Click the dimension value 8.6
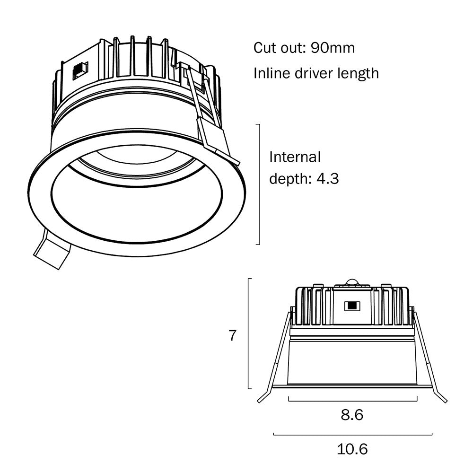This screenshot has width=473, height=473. tap(352, 415)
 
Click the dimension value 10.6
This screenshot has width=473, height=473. tap(352, 449)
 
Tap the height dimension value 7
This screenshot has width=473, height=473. tap(232, 336)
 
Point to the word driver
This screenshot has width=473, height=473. tap(315, 73)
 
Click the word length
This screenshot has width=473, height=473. tap(361, 74)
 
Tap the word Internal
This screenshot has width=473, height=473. tap(295, 157)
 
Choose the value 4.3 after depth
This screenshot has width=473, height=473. tap(327, 179)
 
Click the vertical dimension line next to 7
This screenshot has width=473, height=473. tap(249, 333)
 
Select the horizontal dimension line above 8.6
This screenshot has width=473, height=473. tap(352, 401)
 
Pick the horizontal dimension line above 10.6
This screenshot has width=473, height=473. tap(352, 434)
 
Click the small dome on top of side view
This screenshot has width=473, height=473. tap(351, 282)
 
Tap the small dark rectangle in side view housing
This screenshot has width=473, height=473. tap(351, 306)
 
